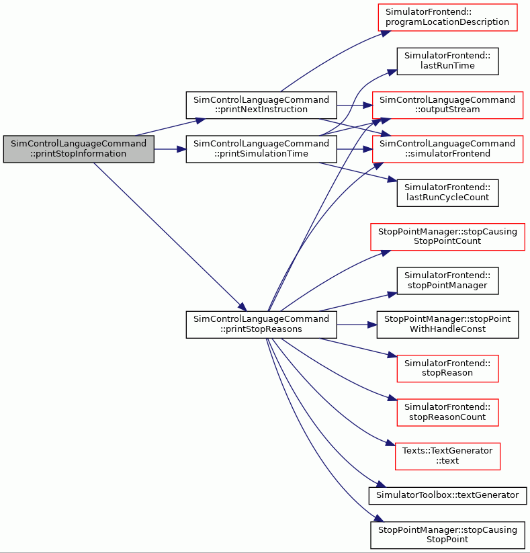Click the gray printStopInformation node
pos(79,148)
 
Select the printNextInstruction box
pos(261,105)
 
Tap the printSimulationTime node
pos(261,148)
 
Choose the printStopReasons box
pos(261,325)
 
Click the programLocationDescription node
pos(447,17)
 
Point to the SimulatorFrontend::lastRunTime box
pos(447,61)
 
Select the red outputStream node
pos(447,105)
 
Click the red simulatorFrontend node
pos(447,148)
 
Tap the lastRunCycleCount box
pos(447,193)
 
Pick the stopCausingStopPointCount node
pos(447,237)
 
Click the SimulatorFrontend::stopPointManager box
pos(447,281)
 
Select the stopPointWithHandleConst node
pos(447,325)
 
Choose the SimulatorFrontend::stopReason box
pos(447,368)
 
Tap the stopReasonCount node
pos(447,413)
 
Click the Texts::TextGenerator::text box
pos(447,456)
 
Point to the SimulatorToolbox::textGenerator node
pos(447,495)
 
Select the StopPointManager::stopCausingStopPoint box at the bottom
pos(447,535)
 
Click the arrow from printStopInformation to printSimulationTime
pos(170,149)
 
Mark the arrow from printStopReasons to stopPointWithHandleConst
pos(357,325)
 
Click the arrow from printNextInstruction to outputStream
pos(355,105)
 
